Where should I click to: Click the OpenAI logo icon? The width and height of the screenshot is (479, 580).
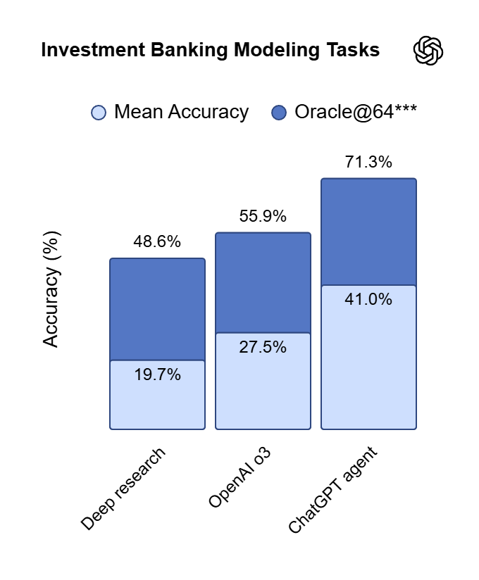tap(428, 51)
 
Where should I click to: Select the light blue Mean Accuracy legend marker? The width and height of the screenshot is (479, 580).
tap(99, 113)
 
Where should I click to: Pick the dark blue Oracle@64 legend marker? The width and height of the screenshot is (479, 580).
tap(279, 113)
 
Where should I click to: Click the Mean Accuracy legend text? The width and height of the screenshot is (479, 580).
tap(181, 112)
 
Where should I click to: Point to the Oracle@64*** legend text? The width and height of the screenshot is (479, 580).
tap(356, 112)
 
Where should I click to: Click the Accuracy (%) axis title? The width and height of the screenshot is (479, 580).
tap(51, 289)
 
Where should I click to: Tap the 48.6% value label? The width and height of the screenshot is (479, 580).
tap(157, 241)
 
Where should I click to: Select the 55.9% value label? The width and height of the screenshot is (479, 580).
tap(263, 216)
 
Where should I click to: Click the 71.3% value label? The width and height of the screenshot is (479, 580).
tap(368, 162)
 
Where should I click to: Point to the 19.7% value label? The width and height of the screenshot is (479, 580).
tap(157, 374)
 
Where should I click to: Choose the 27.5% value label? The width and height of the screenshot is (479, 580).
tap(263, 347)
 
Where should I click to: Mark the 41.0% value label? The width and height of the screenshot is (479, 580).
tap(368, 299)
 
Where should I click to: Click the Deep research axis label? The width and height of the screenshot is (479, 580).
tap(125, 488)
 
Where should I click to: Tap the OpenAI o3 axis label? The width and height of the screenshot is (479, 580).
tap(241, 477)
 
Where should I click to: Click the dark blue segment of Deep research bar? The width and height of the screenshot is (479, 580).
tap(157, 310)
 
